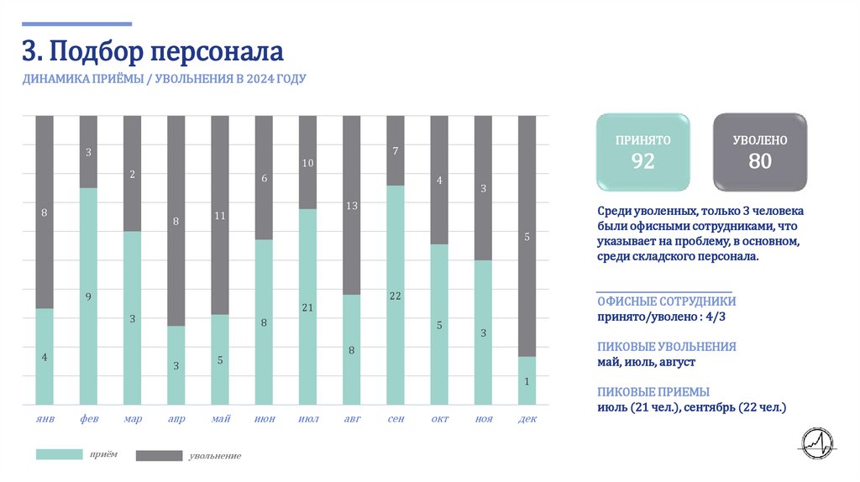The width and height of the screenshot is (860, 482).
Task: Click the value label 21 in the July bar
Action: (307, 308)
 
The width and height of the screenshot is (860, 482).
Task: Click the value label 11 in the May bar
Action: (220, 216)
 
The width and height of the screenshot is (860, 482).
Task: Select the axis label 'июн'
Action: (264, 419)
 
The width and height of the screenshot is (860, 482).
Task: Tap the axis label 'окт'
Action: (438, 419)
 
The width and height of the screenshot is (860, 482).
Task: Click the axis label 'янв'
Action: (45, 419)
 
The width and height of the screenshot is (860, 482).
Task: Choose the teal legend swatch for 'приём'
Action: (58, 454)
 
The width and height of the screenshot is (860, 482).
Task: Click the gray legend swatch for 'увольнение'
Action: (159, 455)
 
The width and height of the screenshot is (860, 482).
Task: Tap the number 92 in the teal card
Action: (642, 161)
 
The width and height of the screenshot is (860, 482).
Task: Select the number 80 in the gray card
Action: (760, 161)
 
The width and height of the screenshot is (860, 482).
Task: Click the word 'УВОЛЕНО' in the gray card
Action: (760, 140)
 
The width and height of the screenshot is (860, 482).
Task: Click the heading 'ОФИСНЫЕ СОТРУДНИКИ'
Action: (667, 301)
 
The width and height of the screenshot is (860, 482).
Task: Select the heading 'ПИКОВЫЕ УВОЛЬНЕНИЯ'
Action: (667, 347)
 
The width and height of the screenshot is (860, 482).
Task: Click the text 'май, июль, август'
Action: (646, 362)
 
